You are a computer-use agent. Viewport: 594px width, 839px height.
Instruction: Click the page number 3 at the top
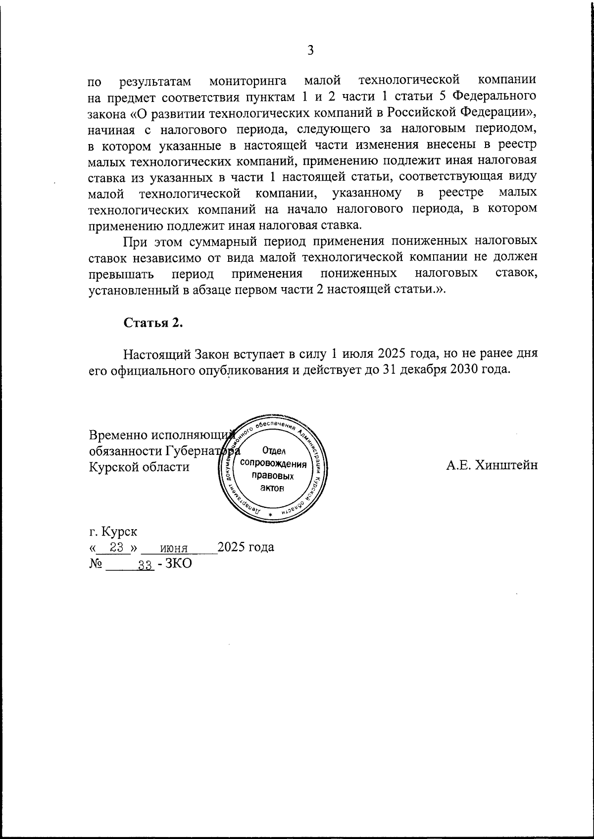pos(311,50)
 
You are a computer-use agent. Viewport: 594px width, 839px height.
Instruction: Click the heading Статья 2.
pos(153,323)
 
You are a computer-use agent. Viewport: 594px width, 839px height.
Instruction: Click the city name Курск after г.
pos(120,532)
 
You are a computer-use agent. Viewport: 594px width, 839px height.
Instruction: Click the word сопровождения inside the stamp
pos(273,464)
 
